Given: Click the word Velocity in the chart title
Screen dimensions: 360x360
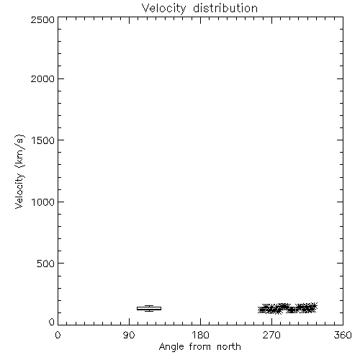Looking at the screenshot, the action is [x=164, y=9].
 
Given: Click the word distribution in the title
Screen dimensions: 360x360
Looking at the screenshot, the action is [x=225, y=8].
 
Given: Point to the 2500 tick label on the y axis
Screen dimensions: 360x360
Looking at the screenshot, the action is [x=42, y=19].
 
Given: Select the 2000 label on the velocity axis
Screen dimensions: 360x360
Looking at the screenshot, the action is [x=42, y=78].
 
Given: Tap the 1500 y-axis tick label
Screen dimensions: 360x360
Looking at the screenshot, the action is [x=43, y=140].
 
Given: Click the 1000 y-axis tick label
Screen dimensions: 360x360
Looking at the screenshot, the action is [x=43, y=202].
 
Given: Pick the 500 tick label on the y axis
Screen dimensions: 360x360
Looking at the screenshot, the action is [x=46, y=264].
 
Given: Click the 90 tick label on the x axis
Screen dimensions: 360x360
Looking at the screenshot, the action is [x=129, y=335].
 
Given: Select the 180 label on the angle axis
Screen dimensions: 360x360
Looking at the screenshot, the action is [x=200, y=335].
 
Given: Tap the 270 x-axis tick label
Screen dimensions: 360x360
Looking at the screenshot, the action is [x=271, y=335].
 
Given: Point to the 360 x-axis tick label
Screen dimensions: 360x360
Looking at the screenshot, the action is [x=343, y=335].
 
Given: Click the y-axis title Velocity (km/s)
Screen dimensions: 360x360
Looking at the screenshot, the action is [x=19, y=171].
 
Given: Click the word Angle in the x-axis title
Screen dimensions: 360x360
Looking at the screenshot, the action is [x=171, y=347].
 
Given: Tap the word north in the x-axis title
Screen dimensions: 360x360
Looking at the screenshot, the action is [x=229, y=347].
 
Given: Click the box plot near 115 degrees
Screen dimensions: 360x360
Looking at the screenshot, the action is [x=149, y=308].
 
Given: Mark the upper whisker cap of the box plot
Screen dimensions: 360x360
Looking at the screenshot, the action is [x=149, y=305].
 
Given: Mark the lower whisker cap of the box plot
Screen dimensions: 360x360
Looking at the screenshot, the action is [x=149, y=311].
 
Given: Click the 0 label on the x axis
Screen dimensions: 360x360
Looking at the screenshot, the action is [x=58, y=335].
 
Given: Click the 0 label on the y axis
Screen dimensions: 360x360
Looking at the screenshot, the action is [x=52, y=322].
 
